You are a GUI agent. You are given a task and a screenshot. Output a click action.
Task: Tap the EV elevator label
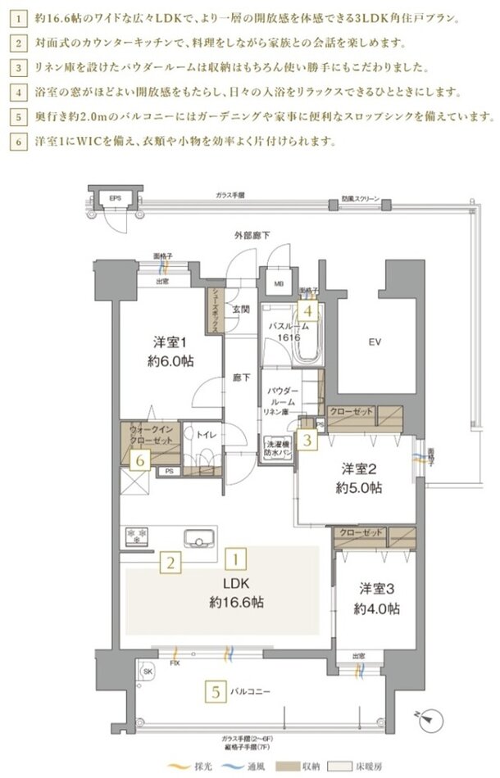click(x=374, y=342)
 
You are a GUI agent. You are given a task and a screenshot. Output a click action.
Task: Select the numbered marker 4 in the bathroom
click(x=306, y=310)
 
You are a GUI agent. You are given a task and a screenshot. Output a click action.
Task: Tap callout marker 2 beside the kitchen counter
click(x=170, y=562)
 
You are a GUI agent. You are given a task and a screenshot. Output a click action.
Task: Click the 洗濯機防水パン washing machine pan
click(x=275, y=447)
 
